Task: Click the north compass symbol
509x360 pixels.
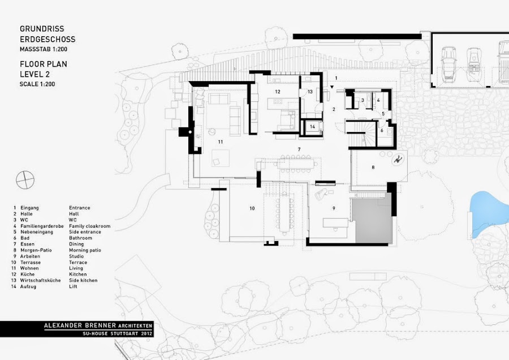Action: pos(25,179)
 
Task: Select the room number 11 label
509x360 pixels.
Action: pos(221,142)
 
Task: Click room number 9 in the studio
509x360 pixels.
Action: pos(334,208)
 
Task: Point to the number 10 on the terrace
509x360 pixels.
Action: pos(252,208)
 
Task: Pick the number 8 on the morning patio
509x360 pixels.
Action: pos(373,168)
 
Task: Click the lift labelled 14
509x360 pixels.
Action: pos(312,127)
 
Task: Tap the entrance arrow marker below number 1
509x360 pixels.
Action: pos(332,87)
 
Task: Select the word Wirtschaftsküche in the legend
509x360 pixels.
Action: pos(40,280)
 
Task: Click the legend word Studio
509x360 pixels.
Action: pos(76,256)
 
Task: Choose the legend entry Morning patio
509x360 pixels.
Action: pos(85,250)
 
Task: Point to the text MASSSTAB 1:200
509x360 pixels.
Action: pos(44,49)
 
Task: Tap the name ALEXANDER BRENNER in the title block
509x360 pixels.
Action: pos(80,325)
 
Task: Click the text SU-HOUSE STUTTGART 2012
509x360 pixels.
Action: pos(117,333)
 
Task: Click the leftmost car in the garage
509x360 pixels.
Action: pos(448,65)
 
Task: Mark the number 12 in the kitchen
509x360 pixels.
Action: pos(278,92)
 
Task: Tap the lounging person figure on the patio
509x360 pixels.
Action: pos(398,160)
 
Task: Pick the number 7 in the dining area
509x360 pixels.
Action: pos(299,149)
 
